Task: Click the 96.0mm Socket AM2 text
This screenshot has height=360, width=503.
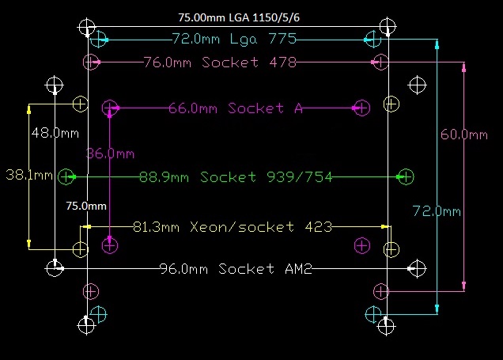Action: pos(236,269)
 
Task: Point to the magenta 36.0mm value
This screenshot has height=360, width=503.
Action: pos(110,153)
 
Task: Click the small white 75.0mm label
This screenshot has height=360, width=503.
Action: pos(85,207)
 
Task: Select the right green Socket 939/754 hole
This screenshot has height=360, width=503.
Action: pos(406,176)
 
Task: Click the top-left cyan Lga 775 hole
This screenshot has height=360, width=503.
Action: pos(98,38)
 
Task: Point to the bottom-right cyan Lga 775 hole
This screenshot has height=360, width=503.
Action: pos(373,314)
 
